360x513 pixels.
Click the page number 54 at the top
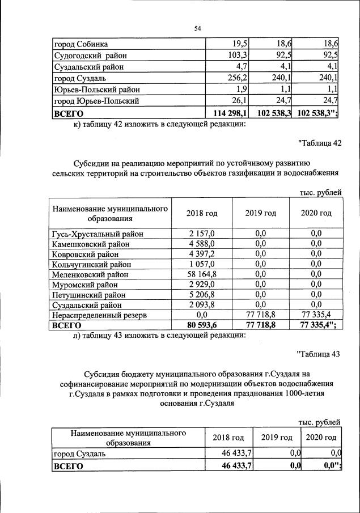pos(198,28)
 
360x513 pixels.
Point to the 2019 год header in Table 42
pos(261,213)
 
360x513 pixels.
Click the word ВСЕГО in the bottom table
pos(67,466)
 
